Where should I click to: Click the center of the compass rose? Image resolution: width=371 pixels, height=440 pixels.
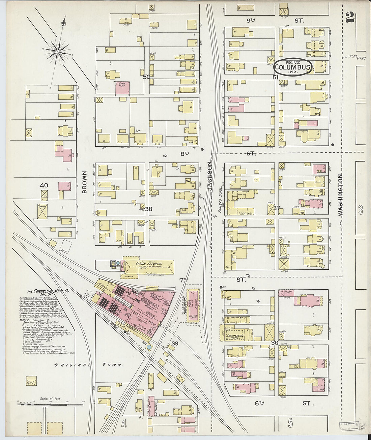57,51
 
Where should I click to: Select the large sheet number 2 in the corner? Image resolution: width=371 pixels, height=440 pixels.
350,17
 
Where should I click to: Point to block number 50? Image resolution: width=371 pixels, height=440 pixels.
146,77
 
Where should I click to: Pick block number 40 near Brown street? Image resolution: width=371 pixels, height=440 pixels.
44,185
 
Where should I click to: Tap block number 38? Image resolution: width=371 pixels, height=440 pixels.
148,209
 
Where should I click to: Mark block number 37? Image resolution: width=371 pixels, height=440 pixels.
277,208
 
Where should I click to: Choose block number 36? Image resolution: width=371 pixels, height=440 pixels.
275,343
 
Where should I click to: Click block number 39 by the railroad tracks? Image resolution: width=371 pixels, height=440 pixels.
175,343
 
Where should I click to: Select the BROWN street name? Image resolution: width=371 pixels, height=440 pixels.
84,182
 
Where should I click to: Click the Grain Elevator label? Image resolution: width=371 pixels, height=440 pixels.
149,264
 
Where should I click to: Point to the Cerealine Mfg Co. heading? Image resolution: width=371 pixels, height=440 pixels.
46,292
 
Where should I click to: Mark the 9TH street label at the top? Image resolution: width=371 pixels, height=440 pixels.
251,21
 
